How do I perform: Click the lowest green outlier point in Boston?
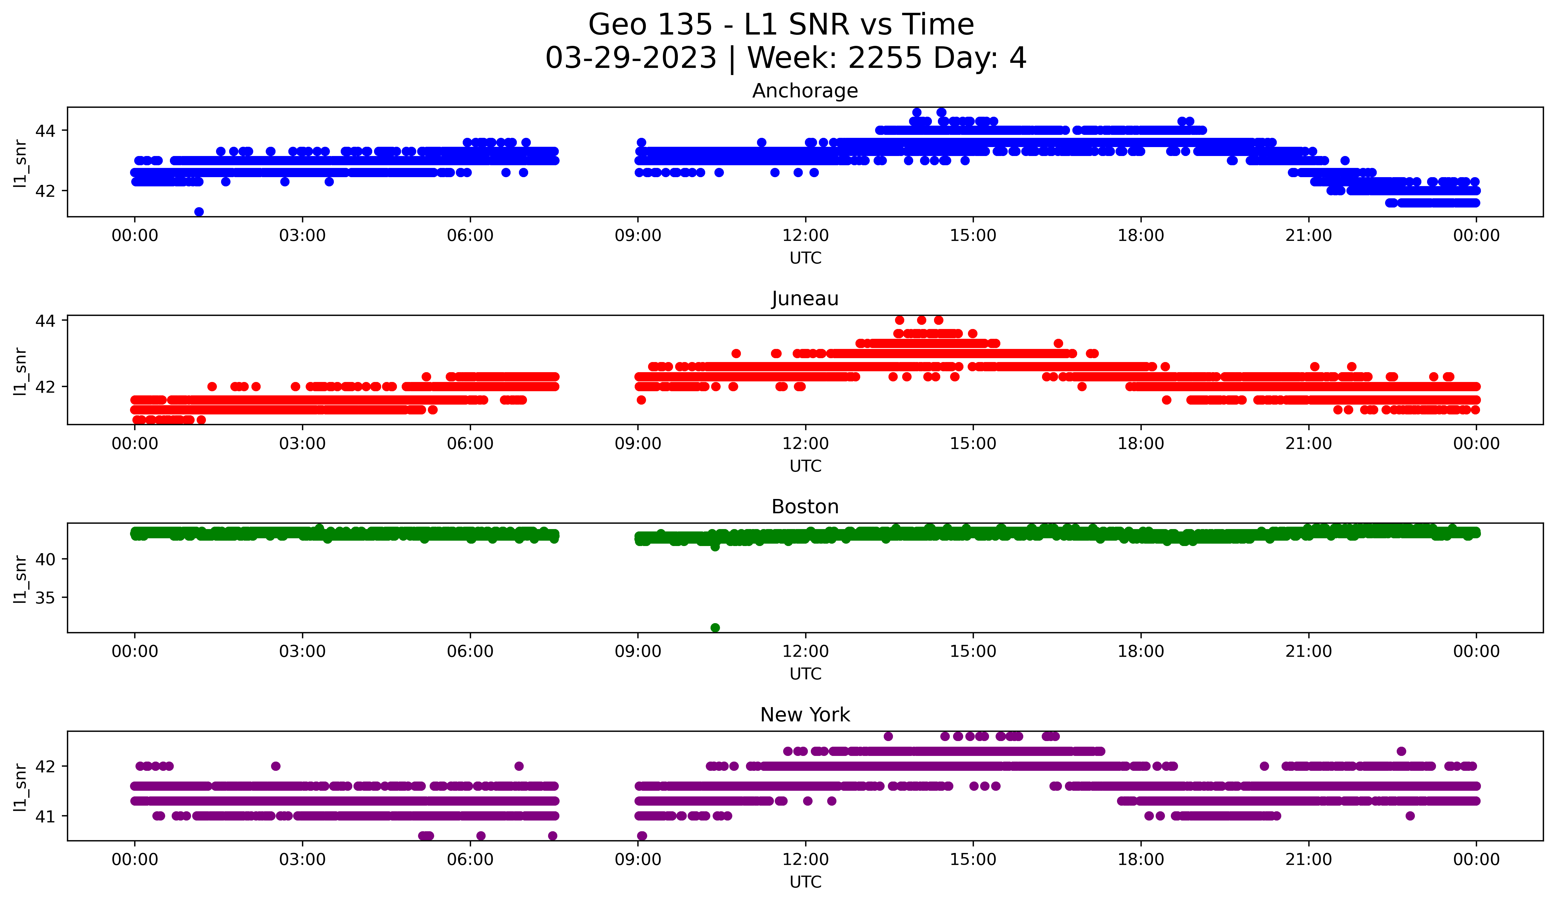(x=715, y=628)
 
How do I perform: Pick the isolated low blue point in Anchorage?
(x=199, y=212)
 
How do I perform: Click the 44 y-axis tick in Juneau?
(x=45, y=320)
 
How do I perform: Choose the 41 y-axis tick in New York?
(x=45, y=816)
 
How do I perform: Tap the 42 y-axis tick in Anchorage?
(x=45, y=191)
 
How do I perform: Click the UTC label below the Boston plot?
(x=805, y=674)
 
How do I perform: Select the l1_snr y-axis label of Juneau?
(x=20, y=370)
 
